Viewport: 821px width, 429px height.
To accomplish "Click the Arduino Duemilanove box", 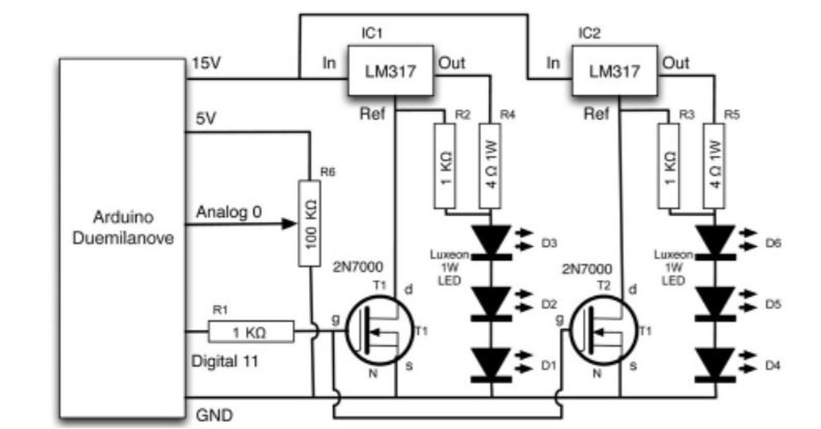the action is pos(123,238).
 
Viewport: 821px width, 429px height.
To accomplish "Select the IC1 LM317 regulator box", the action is pos(391,71).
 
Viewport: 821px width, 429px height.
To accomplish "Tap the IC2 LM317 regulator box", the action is pos(614,71).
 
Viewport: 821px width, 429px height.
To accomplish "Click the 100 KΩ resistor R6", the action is pos(310,223).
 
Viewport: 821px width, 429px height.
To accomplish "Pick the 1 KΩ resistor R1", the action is pos(251,332).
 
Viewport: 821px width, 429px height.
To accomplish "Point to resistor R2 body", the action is pos(445,166).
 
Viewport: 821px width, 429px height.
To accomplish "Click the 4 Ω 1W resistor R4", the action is pos(491,166).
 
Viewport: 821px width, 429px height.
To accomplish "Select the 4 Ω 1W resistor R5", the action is pos(714,166).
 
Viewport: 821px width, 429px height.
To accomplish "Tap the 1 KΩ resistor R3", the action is pos(669,166).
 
